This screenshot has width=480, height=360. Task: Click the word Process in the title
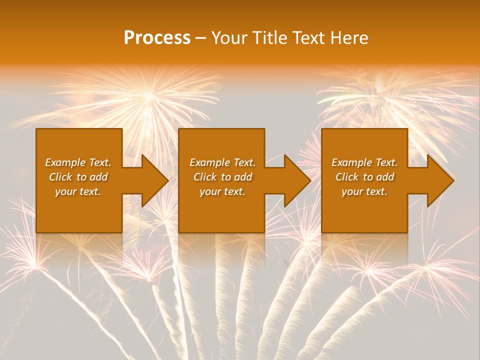(157, 38)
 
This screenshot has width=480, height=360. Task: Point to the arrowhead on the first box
(153, 180)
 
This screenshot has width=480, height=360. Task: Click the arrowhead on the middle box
(296, 180)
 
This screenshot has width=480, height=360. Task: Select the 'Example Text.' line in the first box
(78, 162)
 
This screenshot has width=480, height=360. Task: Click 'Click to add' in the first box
(78, 177)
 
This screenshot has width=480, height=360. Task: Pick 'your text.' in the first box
(78, 191)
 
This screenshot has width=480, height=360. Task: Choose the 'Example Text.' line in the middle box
(222, 162)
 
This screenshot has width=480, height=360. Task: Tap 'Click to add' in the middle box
(222, 177)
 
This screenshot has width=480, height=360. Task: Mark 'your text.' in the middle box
(222, 191)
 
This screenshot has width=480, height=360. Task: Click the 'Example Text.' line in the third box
(364, 162)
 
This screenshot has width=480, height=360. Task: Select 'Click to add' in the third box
(364, 177)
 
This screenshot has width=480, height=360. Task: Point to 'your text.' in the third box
(364, 191)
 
